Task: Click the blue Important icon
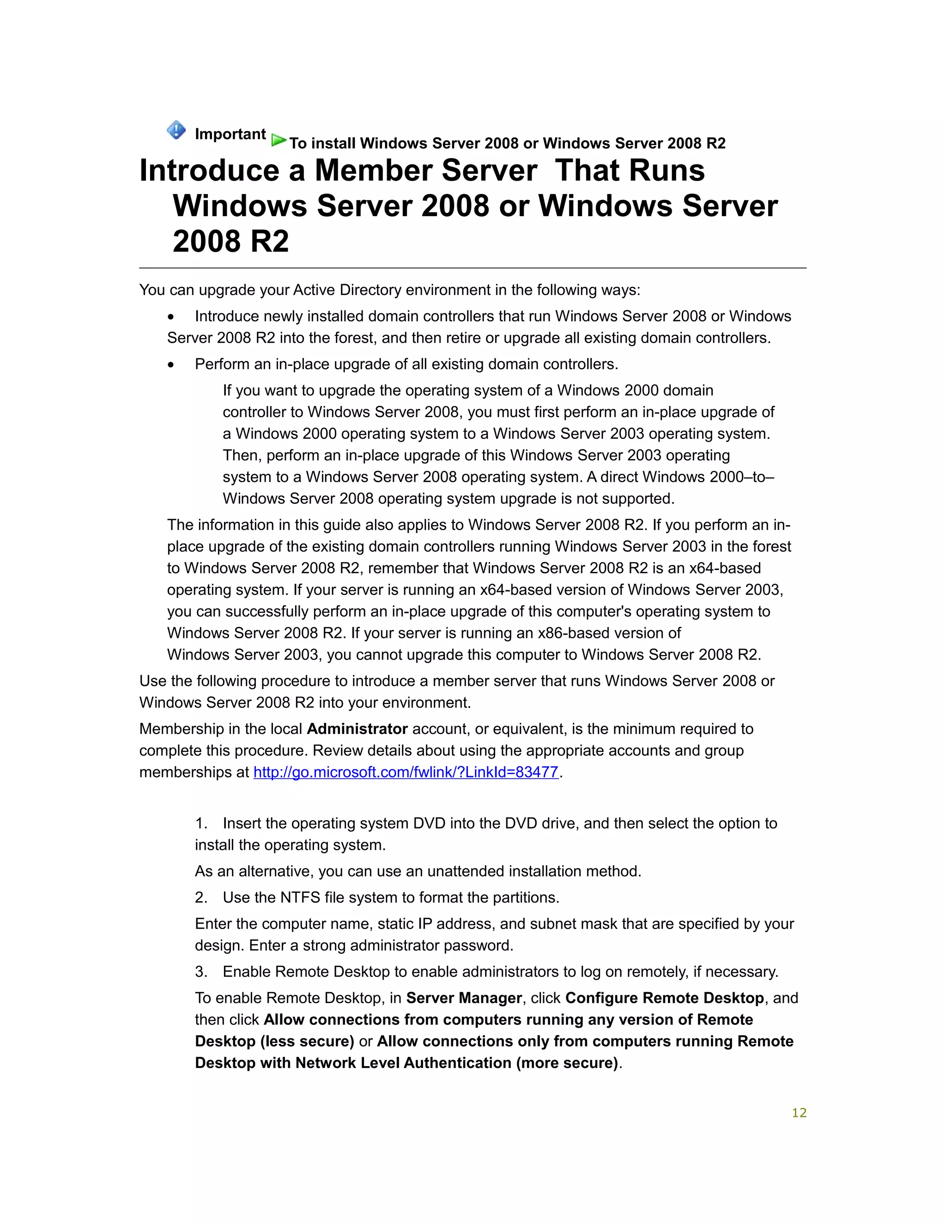(x=176, y=130)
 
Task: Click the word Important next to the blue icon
(x=230, y=134)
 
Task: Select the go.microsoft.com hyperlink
(x=406, y=772)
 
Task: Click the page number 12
(x=799, y=1113)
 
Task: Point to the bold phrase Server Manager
(x=464, y=998)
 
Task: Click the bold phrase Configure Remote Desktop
(x=665, y=998)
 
